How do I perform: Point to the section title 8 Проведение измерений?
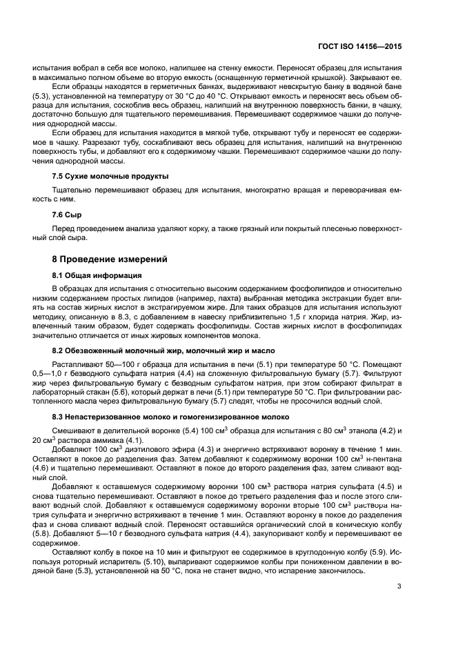click(x=106, y=259)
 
